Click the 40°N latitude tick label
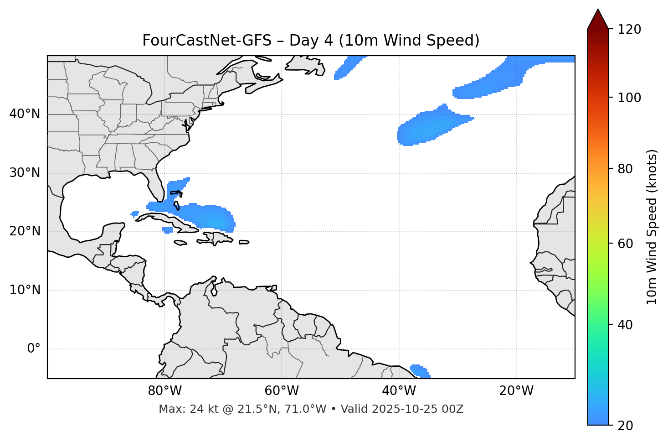[25, 114]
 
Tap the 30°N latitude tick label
[25, 173]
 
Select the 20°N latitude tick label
[25, 231]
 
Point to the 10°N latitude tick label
[25, 290]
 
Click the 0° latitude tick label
[33, 349]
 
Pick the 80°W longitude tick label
[164, 391]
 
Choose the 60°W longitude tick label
[282, 391]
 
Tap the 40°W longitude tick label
[399, 391]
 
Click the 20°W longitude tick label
[516, 391]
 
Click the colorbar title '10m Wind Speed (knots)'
[652, 227]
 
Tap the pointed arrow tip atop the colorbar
[598, 10]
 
